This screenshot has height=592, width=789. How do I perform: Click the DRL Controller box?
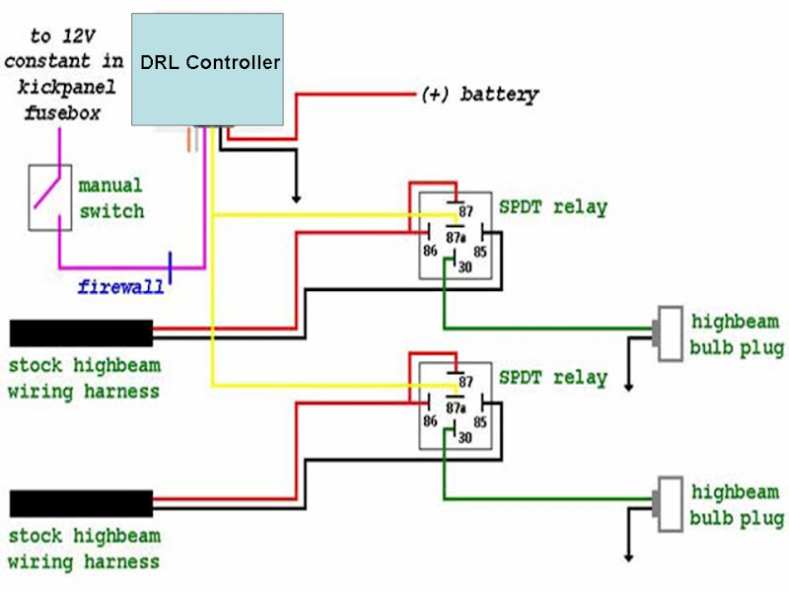(208, 68)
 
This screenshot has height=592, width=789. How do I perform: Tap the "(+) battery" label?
(480, 95)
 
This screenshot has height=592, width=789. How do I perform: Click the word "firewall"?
(121, 287)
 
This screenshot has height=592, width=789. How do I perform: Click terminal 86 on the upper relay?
(429, 252)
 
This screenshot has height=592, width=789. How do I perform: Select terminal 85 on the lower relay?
(479, 421)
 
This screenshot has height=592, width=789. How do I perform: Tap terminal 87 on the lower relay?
(466, 382)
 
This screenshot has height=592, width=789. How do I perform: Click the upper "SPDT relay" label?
(552, 207)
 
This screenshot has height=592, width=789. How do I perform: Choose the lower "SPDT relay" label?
(552, 378)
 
